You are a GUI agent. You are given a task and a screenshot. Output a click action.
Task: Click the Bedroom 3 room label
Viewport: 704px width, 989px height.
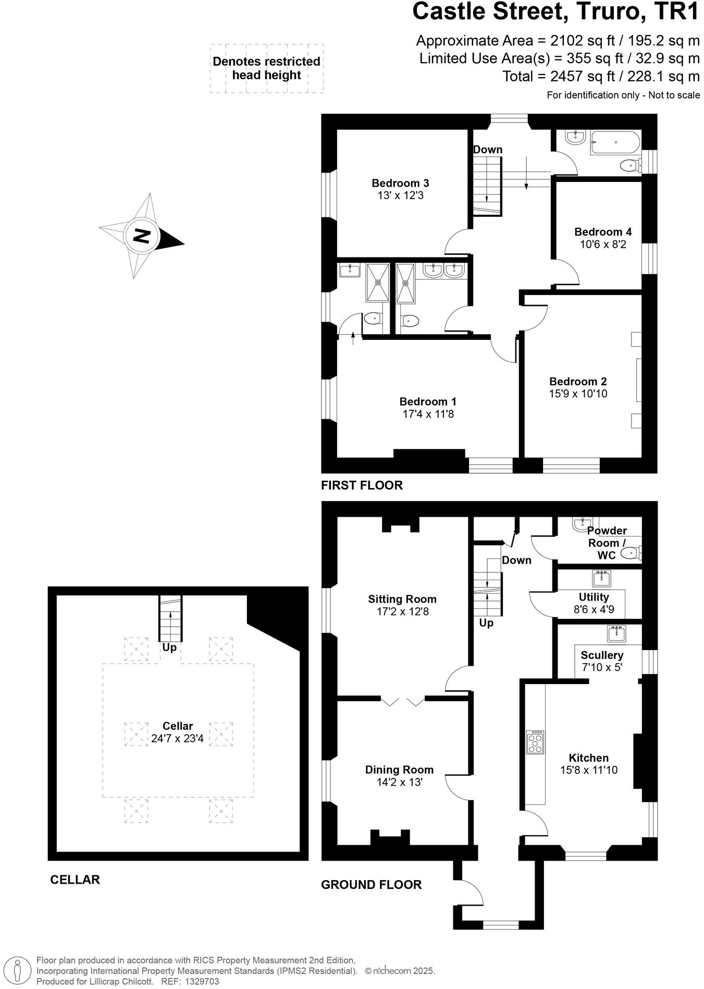pos(400,183)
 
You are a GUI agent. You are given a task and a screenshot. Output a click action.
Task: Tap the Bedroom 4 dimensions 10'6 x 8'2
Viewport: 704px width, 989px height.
pos(603,245)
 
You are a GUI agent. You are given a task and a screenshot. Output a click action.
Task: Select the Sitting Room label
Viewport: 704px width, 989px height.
pos(402,599)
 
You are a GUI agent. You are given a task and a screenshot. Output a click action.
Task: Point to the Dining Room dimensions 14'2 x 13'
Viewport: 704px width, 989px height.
pos(399,783)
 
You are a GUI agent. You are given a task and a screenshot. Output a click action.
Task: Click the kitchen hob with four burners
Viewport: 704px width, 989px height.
pos(535,742)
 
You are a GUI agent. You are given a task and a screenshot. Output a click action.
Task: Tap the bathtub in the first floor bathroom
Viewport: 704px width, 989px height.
pos(615,142)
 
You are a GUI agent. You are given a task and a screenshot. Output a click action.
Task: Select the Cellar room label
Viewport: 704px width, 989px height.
pos(177,726)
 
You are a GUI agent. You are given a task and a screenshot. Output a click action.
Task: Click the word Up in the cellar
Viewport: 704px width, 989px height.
pos(169,648)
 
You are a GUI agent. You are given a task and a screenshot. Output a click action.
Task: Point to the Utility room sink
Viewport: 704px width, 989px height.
pos(602,578)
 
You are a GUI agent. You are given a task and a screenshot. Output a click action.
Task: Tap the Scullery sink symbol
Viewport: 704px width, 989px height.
pos(616,633)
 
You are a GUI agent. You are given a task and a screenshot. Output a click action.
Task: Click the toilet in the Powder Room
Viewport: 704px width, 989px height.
pos(633,552)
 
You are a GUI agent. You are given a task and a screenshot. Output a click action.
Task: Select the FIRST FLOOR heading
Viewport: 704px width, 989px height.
pos(362,485)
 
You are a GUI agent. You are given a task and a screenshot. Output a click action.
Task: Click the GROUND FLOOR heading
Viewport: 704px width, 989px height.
pos(371,885)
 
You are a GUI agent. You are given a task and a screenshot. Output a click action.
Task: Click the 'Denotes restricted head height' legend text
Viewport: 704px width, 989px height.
pos(266,68)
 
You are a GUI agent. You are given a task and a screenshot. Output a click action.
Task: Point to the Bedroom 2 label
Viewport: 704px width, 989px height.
pos(577,382)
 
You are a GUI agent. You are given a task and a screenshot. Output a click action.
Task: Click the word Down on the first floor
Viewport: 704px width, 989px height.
pos(488,150)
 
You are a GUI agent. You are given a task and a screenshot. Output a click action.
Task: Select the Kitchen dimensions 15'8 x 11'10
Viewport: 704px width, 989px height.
pos(588,770)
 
